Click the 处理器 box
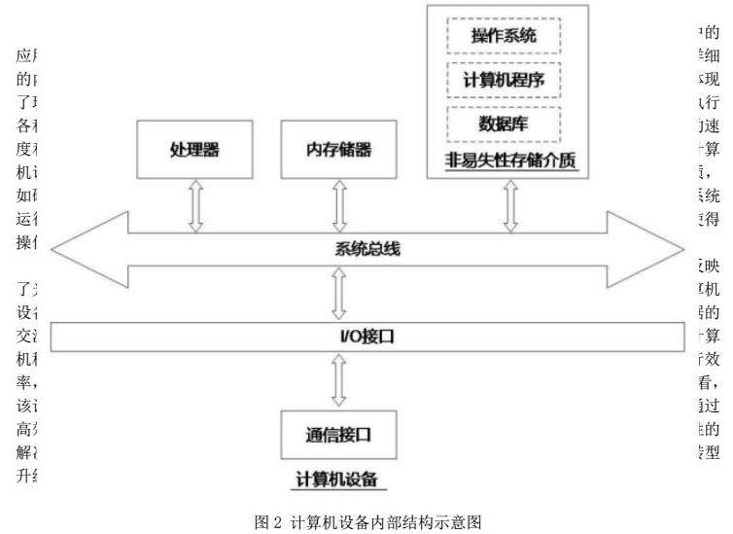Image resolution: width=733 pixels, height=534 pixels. click(194, 151)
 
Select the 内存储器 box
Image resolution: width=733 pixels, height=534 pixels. click(338, 151)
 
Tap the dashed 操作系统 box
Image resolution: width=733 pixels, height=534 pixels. click(504, 37)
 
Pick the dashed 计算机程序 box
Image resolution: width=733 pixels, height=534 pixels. click(504, 81)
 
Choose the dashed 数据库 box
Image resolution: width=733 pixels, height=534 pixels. click(504, 125)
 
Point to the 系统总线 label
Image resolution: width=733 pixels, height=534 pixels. click(362, 248)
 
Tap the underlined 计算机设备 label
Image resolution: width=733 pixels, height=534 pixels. click(336, 480)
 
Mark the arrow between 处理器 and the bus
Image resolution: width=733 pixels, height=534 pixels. click(194, 204)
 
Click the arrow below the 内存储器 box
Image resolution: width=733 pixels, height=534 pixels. click(339, 204)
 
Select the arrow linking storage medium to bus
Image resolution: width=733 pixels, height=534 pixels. click(506, 205)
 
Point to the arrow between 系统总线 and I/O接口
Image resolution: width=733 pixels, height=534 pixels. click(339, 293)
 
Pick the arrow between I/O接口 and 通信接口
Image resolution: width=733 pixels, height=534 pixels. click(339, 380)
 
